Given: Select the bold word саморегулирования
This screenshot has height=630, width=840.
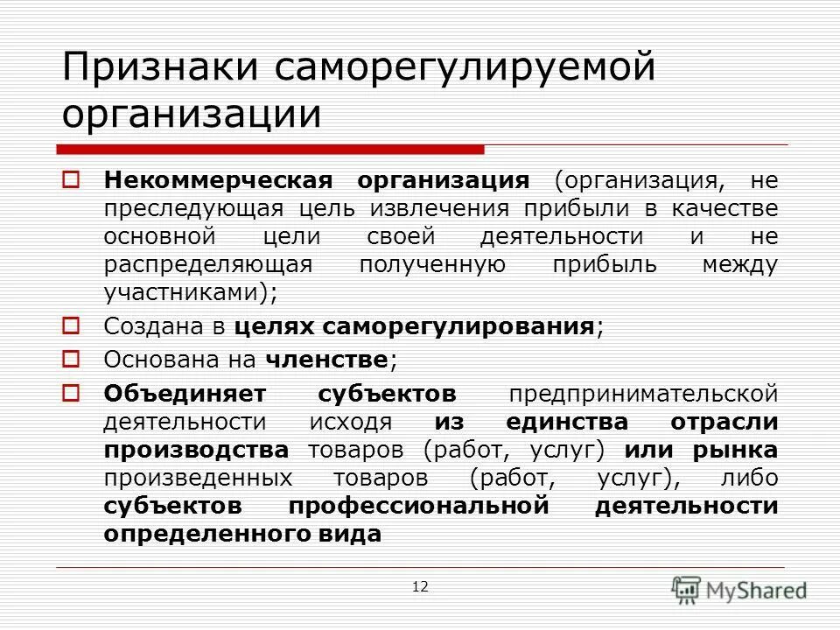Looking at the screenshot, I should point(459,327).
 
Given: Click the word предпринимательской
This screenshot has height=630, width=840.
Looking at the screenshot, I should point(643,393).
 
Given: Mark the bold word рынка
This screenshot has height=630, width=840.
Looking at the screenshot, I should point(735,450).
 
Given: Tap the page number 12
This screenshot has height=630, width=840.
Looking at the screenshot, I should point(420,586).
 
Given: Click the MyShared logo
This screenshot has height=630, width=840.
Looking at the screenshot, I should point(739,589).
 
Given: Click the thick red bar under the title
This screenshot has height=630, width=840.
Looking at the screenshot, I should point(271,149).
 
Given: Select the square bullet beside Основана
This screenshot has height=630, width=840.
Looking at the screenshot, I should point(72,358).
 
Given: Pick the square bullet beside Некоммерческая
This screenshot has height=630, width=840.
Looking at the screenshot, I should point(72,180).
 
